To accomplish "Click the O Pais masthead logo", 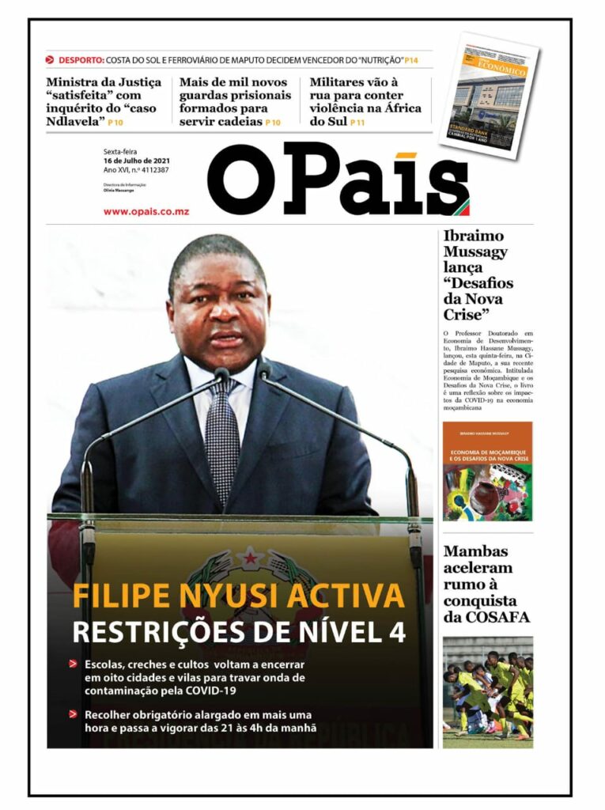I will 338,181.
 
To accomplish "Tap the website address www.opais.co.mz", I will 146,211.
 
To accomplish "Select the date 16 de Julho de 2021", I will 138,161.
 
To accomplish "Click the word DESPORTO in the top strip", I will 81,60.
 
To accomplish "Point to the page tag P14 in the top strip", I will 411,60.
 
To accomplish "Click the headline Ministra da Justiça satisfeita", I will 103,101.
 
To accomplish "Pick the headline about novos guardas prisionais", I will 235,101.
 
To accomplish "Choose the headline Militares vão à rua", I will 365,101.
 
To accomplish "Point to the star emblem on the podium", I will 228,558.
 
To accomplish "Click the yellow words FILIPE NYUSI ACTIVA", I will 238,596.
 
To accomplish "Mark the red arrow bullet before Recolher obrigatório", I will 73,714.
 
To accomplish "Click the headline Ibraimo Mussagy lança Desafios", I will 478,274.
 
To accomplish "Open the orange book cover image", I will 487,471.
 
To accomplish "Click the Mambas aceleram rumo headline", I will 486,584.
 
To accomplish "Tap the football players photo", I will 487,691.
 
